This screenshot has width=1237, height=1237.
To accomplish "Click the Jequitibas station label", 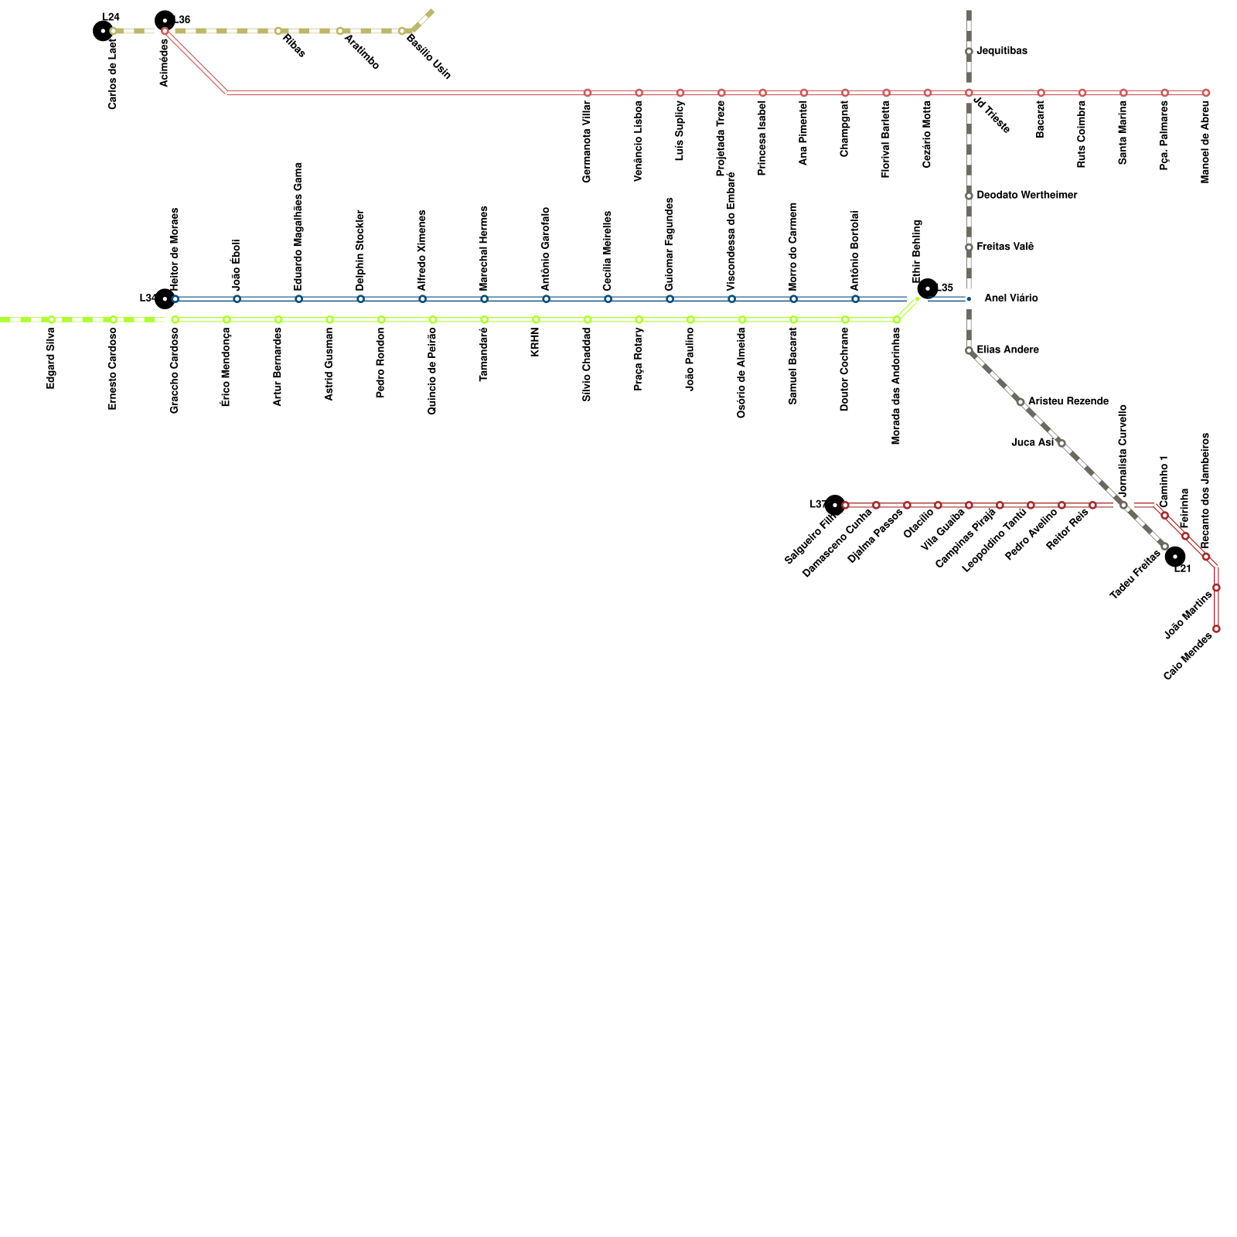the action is pos(1001,51).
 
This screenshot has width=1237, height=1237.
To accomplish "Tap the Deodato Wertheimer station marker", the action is pos(969,196).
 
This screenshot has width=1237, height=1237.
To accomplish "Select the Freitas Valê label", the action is pos(1005,247).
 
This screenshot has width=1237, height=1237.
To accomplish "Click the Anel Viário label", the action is pos(1010,298).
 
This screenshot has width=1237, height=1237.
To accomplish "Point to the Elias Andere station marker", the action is pos(969,351).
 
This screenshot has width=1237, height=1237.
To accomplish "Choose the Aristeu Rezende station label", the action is pos(1068,401).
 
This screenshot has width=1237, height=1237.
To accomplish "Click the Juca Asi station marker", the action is pos(1062,443).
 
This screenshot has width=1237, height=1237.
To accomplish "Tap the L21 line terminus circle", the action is pos(1174,557).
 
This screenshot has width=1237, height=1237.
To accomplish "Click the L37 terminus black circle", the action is pos(834,505).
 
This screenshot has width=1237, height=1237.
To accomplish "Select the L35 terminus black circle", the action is pos(927,288).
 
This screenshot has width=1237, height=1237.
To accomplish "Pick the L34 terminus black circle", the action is pos(165,298).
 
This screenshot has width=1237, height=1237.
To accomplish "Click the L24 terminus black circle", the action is pos(103,31).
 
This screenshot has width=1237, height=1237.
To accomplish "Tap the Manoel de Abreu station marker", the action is pos(1205,93).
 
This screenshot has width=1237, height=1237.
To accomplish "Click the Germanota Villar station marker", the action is pos(588,93).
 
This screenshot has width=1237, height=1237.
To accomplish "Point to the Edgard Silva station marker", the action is pos(51,319).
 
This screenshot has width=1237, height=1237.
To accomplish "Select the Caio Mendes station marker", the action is pos(1216,629).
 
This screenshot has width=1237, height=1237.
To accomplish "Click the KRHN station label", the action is pos(535,342).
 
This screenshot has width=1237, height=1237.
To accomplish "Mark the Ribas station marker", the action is pos(278,31).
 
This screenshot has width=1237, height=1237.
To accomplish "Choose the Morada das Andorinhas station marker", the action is pos(896,319).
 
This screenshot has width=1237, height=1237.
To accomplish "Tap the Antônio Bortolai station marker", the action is pos(855,298).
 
